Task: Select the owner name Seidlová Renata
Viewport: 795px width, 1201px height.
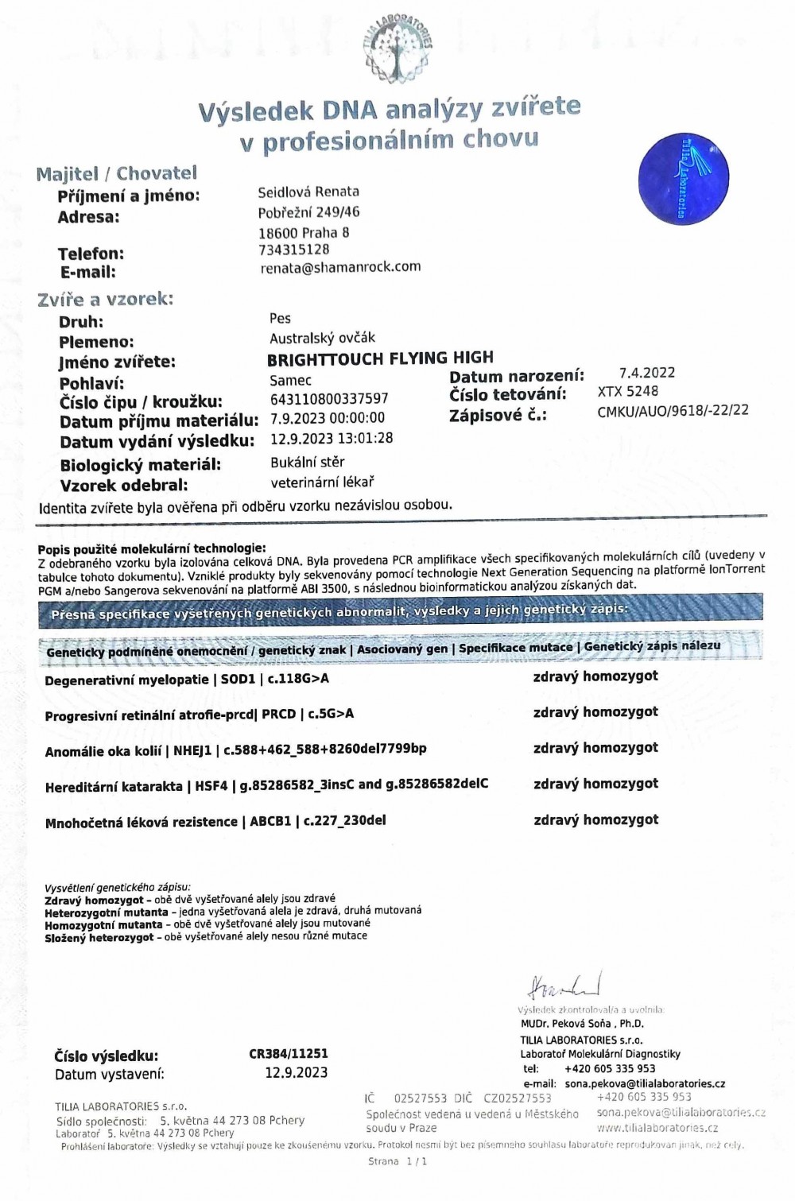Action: (308, 192)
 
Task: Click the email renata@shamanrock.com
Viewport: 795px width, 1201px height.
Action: (340, 267)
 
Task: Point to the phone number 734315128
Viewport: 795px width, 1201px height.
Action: (293, 250)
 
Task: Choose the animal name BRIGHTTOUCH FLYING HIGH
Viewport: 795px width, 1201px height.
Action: (380, 358)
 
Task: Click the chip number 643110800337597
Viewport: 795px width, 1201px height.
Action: (329, 398)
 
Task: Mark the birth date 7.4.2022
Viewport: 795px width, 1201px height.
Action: (647, 373)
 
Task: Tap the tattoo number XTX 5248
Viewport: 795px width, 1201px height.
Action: (628, 391)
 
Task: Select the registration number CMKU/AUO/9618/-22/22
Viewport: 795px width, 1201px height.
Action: (673, 410)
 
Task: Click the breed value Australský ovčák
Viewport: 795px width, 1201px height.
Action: (322, 338)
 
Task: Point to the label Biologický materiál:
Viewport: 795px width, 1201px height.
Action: (140, 465)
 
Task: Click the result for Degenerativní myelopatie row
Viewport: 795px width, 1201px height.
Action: (595, 676)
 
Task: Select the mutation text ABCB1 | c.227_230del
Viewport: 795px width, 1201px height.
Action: (318, 820)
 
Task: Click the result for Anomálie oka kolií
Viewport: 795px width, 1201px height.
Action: (595, 748)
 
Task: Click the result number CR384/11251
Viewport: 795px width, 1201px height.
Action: (288, 1054)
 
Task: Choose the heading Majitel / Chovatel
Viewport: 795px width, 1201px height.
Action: (116, 173)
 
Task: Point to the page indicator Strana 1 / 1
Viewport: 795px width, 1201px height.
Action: (397, 1161)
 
